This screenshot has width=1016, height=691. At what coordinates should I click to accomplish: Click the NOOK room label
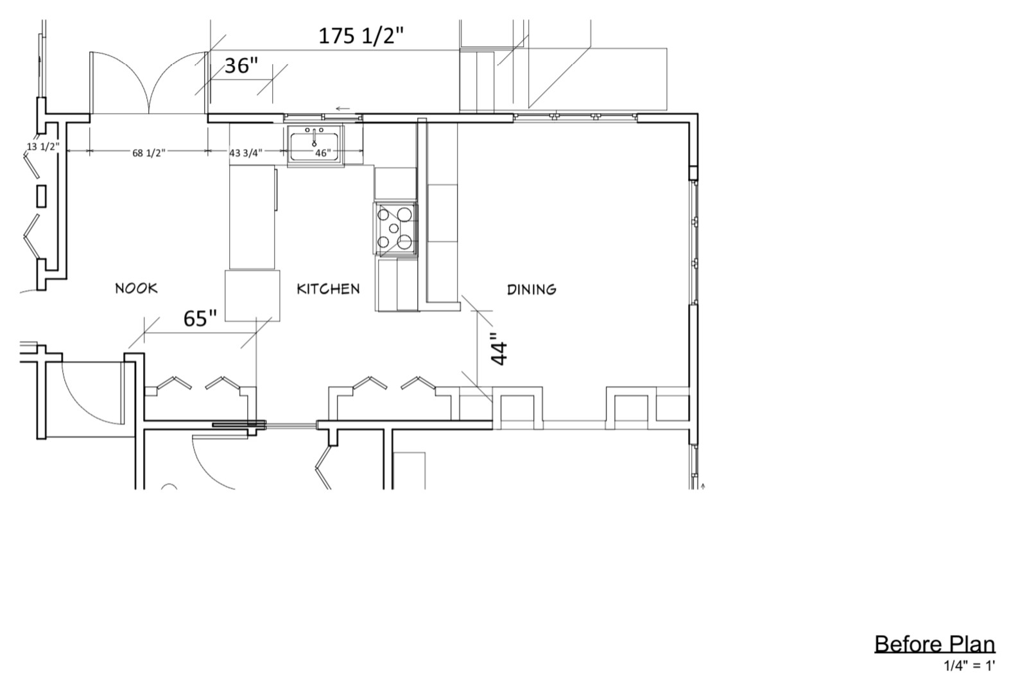click(136, 288)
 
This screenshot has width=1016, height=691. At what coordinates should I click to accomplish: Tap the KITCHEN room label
click(328, 289)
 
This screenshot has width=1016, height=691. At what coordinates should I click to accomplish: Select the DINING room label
click(531, 290)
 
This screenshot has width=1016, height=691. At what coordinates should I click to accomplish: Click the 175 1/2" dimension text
click(361, 36)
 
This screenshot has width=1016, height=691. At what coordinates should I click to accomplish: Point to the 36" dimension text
click(241, 66)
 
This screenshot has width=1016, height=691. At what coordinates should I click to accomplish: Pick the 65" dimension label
click(200, 319)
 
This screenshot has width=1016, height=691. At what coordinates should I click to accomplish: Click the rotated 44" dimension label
click(499, 349)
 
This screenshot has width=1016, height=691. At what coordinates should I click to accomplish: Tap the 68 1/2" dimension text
click(149, 153)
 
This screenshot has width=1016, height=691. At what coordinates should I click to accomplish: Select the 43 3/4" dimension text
click(246, 153)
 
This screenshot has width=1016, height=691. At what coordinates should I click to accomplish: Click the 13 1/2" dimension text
click(44, 146)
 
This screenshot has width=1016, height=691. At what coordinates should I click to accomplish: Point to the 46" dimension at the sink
click(323, 153)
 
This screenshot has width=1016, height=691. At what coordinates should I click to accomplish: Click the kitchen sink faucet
click(314, 137)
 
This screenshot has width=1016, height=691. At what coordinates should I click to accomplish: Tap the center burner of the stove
click(393, 228)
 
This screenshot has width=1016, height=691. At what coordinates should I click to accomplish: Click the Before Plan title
click(935, 644)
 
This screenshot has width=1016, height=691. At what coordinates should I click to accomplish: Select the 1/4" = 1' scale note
click(970, 666)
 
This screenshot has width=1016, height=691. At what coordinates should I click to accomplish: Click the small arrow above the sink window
click(343, 109)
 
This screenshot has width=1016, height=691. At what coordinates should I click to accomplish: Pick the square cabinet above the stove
click(395, 184)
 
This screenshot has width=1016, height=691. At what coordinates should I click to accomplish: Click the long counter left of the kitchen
click(252, 217)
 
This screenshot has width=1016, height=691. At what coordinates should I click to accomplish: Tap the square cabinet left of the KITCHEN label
click(252, 296)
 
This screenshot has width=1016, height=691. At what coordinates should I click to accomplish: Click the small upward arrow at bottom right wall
click(703, 486)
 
